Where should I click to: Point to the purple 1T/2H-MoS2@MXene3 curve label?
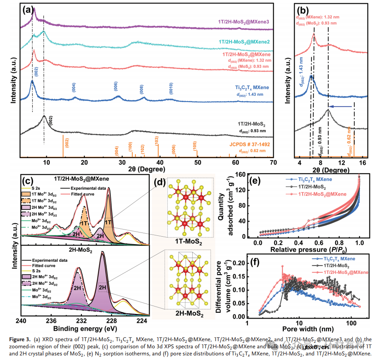pos(244,21)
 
